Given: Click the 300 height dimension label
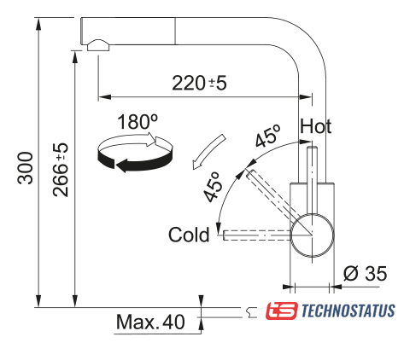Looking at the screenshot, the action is coord(26,168).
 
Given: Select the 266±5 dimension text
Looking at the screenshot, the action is coord(61,170).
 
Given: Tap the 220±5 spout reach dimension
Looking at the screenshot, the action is coord(200,83).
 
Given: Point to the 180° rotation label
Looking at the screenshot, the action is coord(138,122).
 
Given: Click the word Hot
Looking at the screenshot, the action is coord(315,126).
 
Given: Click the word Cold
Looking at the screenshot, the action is coord(189,235).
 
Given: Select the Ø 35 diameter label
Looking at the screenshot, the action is coord(365,273).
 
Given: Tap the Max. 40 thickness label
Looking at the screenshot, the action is coord(150,322).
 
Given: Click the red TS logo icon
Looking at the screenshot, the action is coord(282,311).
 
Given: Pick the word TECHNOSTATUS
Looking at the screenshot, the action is coord(348,311).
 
